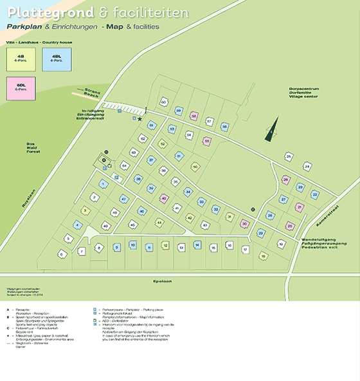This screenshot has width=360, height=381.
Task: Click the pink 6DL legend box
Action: tap(22, 88)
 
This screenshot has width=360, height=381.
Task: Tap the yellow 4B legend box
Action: tap(22, 60)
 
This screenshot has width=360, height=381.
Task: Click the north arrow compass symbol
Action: tap(273, 127)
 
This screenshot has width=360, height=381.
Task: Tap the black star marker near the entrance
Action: tap(139, 118)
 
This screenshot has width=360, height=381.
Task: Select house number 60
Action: tap(164, 102)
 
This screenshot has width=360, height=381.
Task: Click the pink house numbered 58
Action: tap(194, 116)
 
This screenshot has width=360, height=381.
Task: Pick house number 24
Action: tap(307, 167)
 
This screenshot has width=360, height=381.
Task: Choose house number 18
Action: tap(264, 256)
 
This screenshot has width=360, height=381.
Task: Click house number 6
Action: tap(62, 254)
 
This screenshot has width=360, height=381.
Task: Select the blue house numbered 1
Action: tap(102, 184)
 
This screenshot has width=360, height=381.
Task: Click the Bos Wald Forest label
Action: tap(31, 147)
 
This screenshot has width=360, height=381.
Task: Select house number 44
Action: tap(159, 222)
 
